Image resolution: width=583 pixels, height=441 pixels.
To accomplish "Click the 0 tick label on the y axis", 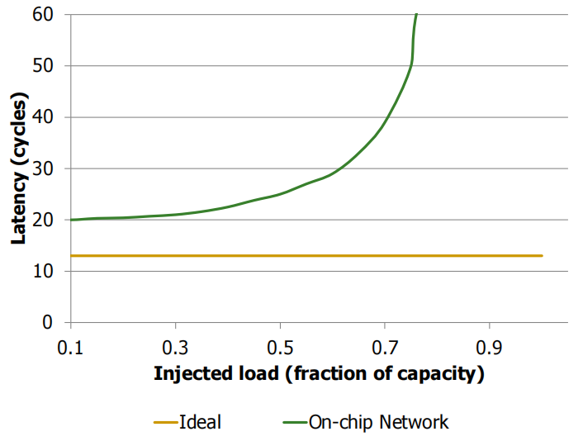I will click(x=50, y=322).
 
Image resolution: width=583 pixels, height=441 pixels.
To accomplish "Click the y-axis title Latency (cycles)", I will click(x=17, y=168).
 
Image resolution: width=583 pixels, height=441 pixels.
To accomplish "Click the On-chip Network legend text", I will click(x=378, y=422).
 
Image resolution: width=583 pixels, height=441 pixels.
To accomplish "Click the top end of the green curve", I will click(x=416, y=14).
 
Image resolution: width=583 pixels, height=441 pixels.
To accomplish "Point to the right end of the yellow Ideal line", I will click(x=542, y=256).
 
